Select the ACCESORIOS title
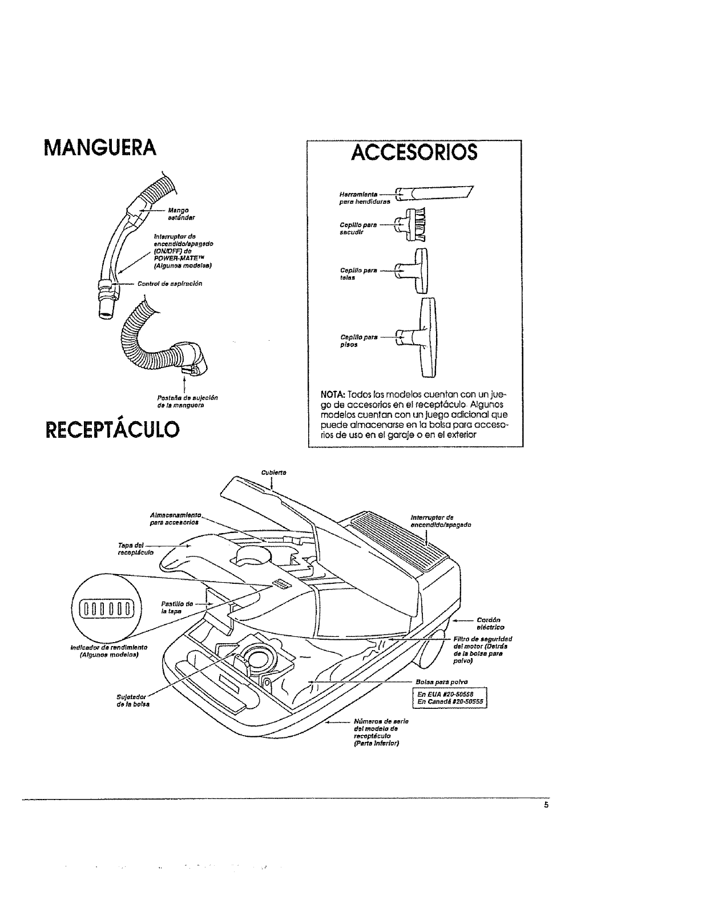(x=414, y=153)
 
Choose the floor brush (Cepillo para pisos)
(x=425, y=337)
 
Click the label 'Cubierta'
(x=273, y=472)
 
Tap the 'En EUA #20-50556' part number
(x=449, y=694)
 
